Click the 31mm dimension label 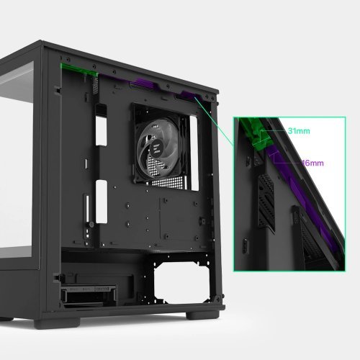[x=297, y=132]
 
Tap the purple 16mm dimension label [x=312, y=163]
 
